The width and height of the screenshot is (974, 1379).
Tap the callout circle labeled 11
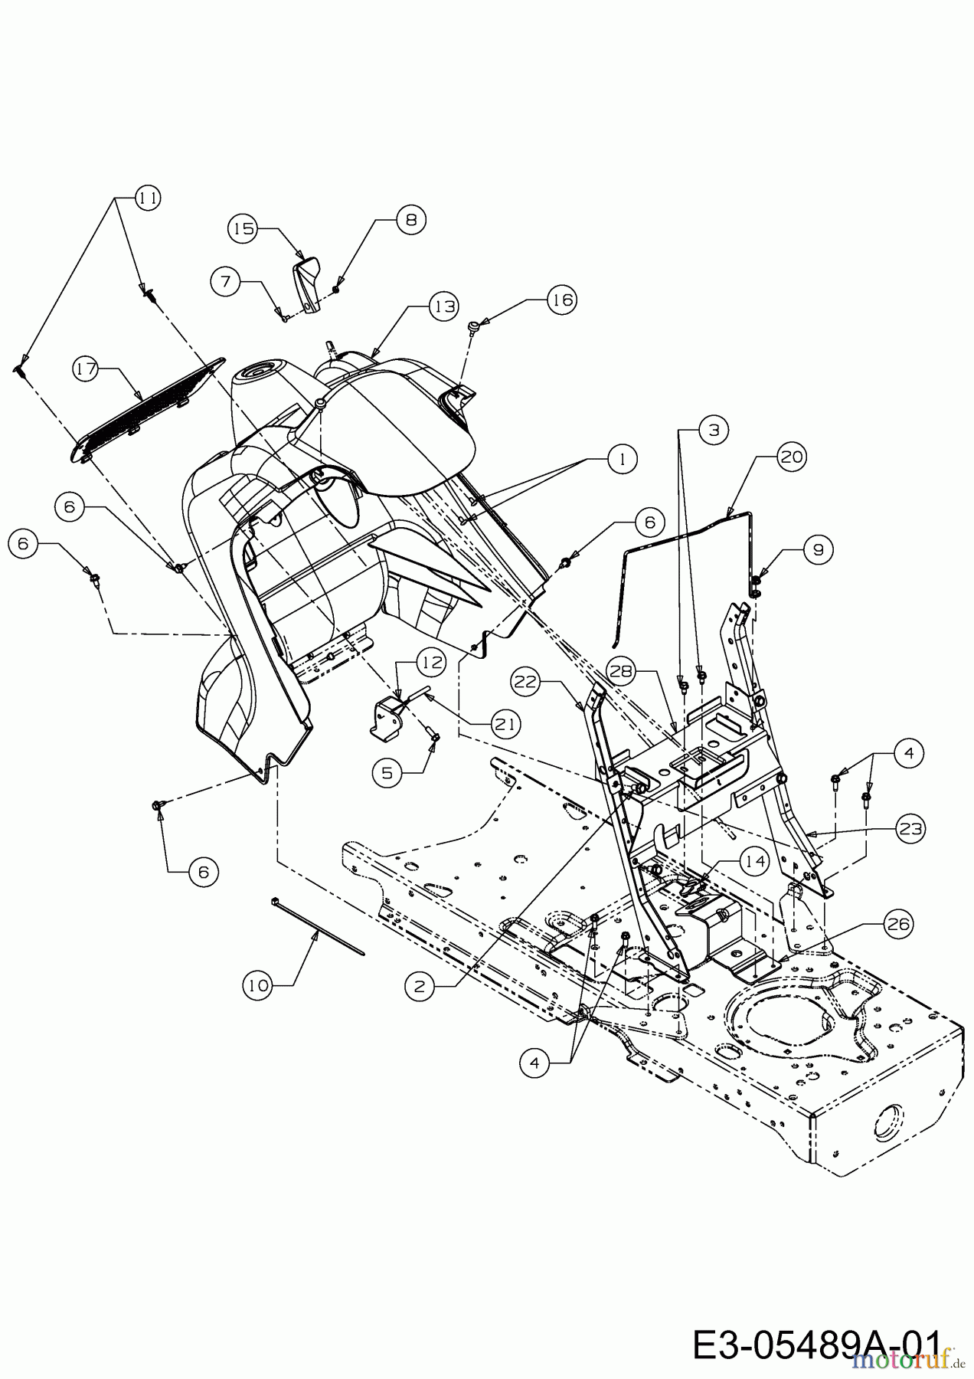click(149, 198)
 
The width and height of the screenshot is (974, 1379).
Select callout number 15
click(244, 228)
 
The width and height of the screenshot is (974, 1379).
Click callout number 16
click(562, 300)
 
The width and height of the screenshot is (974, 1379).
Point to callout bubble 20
click(791, 457)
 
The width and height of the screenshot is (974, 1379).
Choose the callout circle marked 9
click(818, 549)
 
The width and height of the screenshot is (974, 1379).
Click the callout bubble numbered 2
click(419, 987)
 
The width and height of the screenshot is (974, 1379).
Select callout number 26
click(899, 925)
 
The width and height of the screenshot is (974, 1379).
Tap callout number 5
click(387, 773)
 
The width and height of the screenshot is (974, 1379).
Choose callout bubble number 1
click(623, 459)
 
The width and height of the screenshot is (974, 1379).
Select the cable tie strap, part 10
click(318, 927)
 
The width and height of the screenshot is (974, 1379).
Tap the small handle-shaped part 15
click(308, 285)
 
